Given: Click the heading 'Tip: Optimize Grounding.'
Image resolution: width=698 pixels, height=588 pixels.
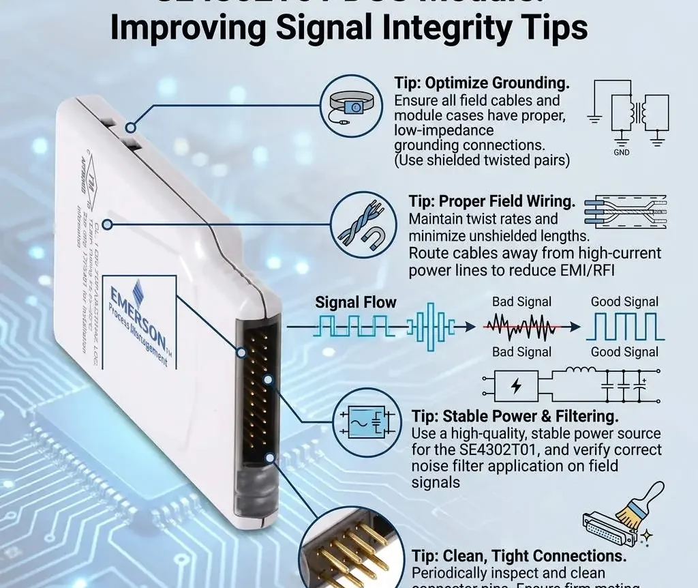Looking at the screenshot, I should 481,83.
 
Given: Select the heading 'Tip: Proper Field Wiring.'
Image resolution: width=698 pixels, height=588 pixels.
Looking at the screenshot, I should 491,201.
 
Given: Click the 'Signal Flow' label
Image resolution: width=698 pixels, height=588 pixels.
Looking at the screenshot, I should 355,302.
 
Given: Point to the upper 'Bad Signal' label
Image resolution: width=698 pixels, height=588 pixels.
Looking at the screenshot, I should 521,302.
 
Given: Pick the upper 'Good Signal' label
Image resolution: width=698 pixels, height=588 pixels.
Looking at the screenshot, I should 624,302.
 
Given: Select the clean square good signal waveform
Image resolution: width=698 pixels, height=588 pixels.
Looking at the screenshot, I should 624,327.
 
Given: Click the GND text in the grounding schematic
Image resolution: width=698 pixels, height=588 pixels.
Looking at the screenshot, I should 621,152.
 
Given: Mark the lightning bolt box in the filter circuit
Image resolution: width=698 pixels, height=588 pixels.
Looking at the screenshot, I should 516,386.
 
